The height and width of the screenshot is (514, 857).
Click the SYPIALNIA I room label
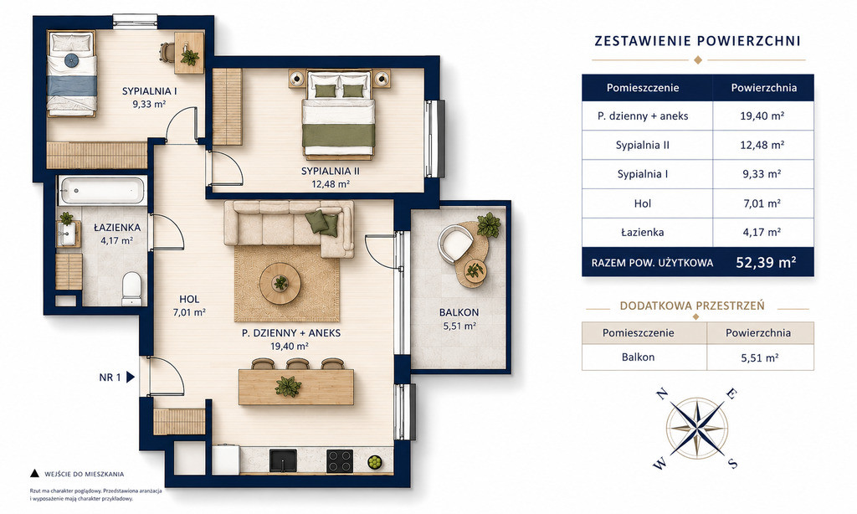(x=149, y=90)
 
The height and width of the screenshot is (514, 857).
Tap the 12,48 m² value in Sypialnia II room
(x=330, y=184)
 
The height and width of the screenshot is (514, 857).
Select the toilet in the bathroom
(x=131, y=289)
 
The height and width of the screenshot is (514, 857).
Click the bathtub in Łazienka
(x=102, y=190)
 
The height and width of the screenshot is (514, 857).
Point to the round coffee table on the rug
(x=280, y=283)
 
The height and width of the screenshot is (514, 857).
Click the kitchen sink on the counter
(x=283, y=461)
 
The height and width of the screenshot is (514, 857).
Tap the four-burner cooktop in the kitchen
(x=340, y=461)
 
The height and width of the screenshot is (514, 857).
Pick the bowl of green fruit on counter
(x=375, y=462)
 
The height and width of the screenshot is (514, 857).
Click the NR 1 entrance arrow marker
(x=131, y=377)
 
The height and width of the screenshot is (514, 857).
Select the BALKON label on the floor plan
(x=459, y=312)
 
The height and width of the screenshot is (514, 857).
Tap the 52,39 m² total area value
(x=766, y=263)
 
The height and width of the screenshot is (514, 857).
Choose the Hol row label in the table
(x=643, y=203)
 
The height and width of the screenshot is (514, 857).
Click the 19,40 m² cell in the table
(x=763, y=116)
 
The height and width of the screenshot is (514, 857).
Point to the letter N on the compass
(x=661, y=393)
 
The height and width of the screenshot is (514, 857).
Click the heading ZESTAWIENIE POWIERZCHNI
(x=697, y=41)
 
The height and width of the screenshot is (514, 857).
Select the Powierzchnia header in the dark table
(x=763, y=88)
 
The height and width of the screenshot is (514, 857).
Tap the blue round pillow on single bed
(x=72, y=60)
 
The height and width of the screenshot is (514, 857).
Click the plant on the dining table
(x=288, y=386)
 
